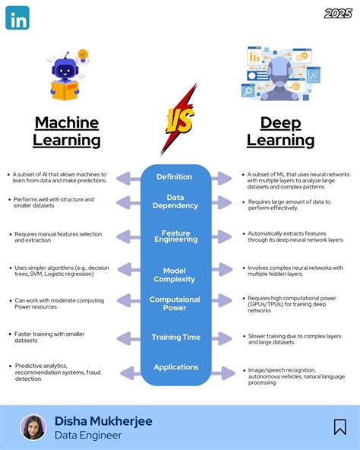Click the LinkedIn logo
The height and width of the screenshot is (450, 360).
click(17, 17)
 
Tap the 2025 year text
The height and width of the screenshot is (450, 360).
click(338, 13)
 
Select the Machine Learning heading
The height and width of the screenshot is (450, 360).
click(67, 131)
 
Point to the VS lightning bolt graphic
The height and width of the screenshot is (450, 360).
click(178, 120)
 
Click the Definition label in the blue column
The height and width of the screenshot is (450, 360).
click(175, 176)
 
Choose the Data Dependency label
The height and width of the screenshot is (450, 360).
click(175, 201)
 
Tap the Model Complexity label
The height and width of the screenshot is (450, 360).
click(175, 275)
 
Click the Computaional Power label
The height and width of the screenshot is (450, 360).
click(175, 303)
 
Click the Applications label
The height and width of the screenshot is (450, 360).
click(175, 367)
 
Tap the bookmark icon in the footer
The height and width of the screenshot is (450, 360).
click(339, 427)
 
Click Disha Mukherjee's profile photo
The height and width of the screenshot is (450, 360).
click(33, 427)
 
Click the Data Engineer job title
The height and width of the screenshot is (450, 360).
click(88, 436)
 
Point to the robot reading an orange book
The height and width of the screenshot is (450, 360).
click(67, 76)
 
